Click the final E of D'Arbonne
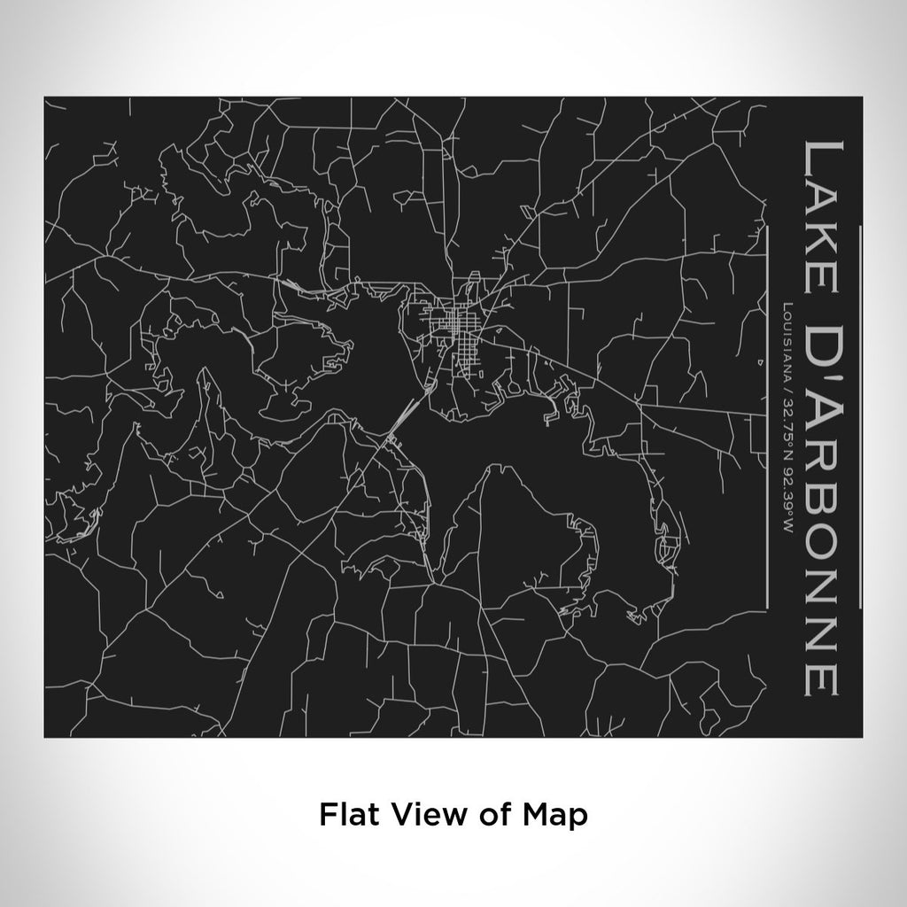click(820, 676)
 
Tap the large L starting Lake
click(820, 156)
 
